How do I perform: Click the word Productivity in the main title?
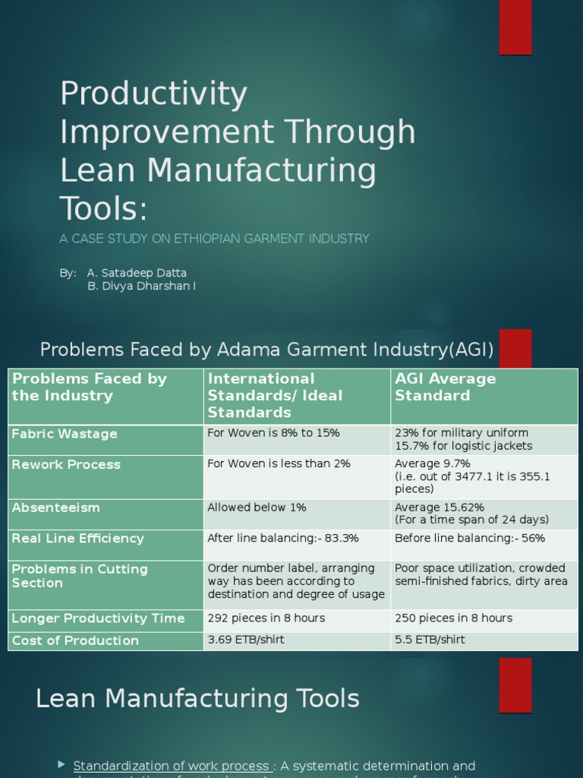[x=153, y=94]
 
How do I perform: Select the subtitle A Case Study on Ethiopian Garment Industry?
[x=214, y=239]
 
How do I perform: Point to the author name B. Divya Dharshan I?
[x=141, y=286]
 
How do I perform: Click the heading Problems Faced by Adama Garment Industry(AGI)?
[x=266, y=349]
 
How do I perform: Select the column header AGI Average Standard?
[x=445, y=387]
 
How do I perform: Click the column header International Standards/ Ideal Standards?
[x=275, y=395]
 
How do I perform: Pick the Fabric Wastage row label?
[x=65, y=434]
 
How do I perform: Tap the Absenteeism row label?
[x=55, y=508]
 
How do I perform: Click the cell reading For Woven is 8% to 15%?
[x=273, y=433]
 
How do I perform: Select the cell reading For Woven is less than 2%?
[x=279, y=463]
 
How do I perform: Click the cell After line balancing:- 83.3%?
[x=282, y=538]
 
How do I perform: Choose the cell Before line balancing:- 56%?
[x=469, y=538]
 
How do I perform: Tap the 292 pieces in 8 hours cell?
[x=266, y=618]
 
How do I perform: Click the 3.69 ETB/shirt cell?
[x=246, y=640]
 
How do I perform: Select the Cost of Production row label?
[x=75, y=640]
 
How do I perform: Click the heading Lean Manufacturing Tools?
[x=197, y=698]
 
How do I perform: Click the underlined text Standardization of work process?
[x=172, y=766]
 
